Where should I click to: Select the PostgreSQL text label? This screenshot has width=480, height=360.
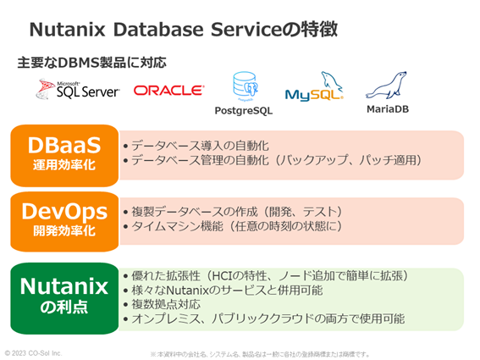246,111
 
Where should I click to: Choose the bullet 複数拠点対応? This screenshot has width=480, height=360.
169,304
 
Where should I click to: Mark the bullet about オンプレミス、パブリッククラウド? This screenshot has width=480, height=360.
263,319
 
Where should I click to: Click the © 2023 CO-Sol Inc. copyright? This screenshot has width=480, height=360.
34,352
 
